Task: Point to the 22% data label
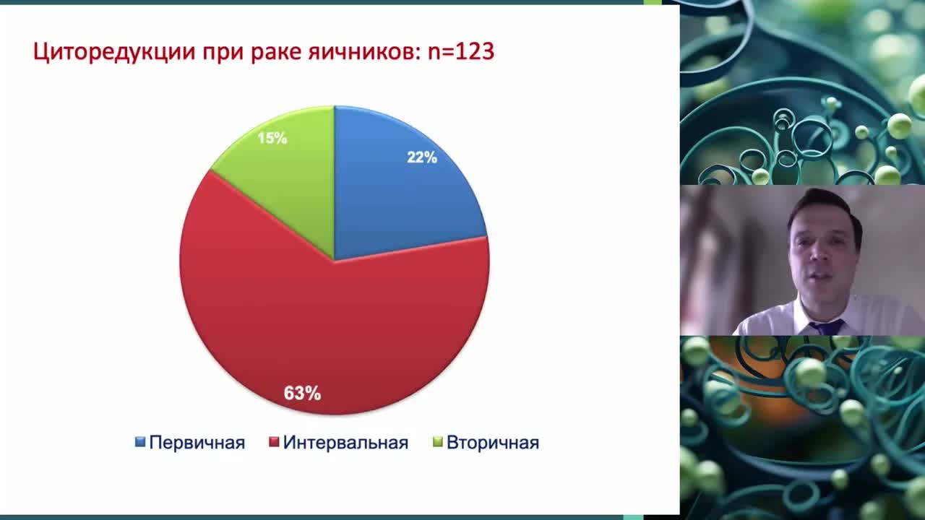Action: (x=422, y=157)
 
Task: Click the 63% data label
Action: (x=302, y=394)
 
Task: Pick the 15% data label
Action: (x=272, y=137)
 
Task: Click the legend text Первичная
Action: (x=197, y=443)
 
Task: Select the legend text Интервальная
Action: (x=345, y=443)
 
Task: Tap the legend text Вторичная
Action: (x=492, y=443)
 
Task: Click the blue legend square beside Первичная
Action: (x=140, y=442)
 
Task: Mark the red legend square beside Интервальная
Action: (x=274, y=442)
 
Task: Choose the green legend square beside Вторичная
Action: (x=437, y=442)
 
